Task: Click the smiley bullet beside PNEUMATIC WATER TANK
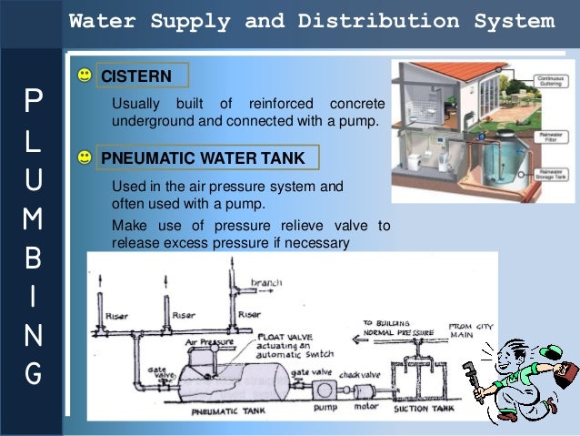tap(85, 157)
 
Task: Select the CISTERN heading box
tap(142, 76)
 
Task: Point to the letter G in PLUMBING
tap(33, 373)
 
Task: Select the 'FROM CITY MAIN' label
tap(469, 329)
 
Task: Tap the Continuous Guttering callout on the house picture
tap(552, 82)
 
